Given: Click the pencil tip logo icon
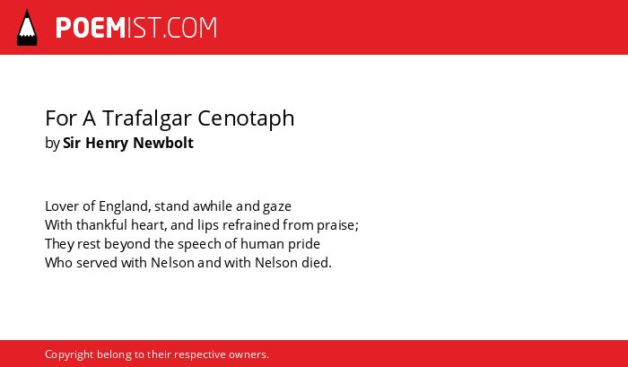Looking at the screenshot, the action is [x=27, y=27].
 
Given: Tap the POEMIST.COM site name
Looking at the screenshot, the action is [x=136, y=28].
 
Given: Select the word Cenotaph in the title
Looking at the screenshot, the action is [x=246, y=118].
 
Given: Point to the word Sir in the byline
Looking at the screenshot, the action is [x=72, y=143].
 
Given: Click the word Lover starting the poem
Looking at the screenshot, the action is [x=57, y=206].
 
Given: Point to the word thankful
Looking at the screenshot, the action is [x=101, y=225].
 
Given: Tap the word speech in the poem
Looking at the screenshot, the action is [x=199, y=245].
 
